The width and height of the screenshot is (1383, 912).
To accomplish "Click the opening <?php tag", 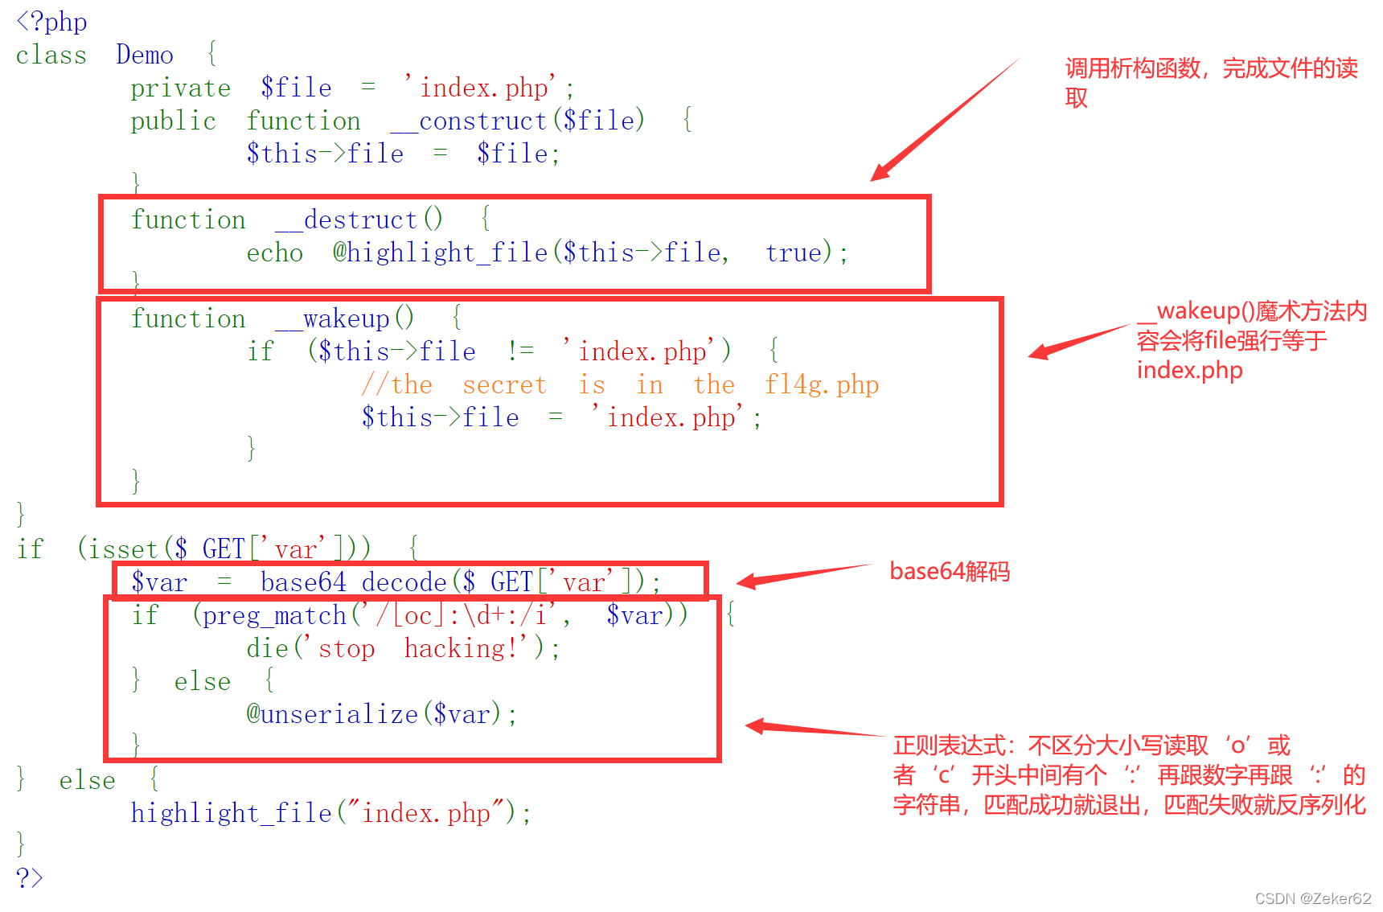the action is (51, 22).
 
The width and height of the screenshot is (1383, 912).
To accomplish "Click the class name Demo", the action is (145, 55).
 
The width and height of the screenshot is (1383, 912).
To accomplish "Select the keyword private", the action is (180, 88).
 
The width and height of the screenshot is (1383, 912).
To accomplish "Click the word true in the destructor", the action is (793, 253).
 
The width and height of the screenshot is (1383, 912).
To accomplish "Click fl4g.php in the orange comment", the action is (821, 384).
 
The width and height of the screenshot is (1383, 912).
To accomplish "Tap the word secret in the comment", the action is (504, 384).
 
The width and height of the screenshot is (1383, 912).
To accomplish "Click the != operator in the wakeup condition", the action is (520, 351).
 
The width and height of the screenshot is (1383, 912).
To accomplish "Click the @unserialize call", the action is (332, 714).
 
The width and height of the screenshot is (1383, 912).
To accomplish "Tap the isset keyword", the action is (123, 549).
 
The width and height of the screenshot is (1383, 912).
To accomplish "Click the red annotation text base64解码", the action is (950, 572).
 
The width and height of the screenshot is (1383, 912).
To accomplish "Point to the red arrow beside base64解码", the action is (804, 576).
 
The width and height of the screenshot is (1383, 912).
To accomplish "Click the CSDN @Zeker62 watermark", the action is (1312, 898).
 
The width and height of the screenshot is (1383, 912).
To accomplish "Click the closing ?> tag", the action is (29, 877).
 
